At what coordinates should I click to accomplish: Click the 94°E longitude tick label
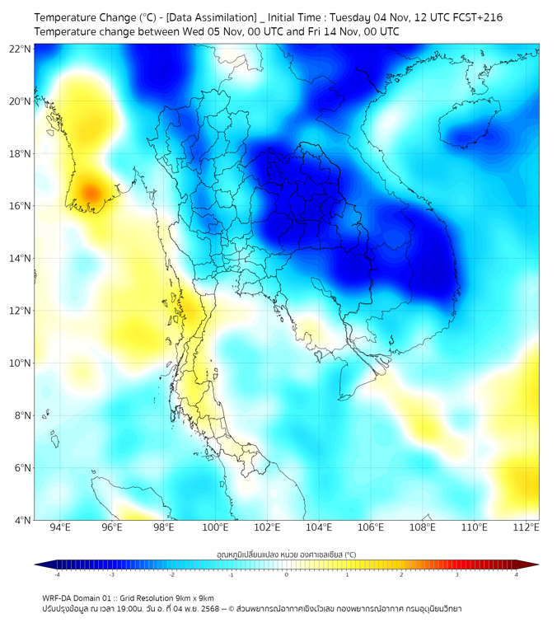pyautogui.click(x=59, y=527)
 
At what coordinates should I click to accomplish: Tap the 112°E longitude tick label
pyautogui.click(x=527, y=527)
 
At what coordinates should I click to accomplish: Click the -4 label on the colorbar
pyautogui.click(x=57, y=574)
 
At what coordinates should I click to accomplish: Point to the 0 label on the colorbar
pyautogui.click(x=287, y=574)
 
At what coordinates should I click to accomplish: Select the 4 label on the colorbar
pyautogui.click(x=516, y=574)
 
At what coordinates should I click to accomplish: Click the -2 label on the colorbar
pyautogui.click(x=171, y=574)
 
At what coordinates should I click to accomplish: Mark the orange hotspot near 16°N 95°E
pyautogui.click(x=88, y=194)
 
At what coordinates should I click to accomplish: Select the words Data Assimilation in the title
pyautogui.click(x=207, y=16)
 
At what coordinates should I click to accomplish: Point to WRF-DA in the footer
pyautogui.click(x=57, y=597)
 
